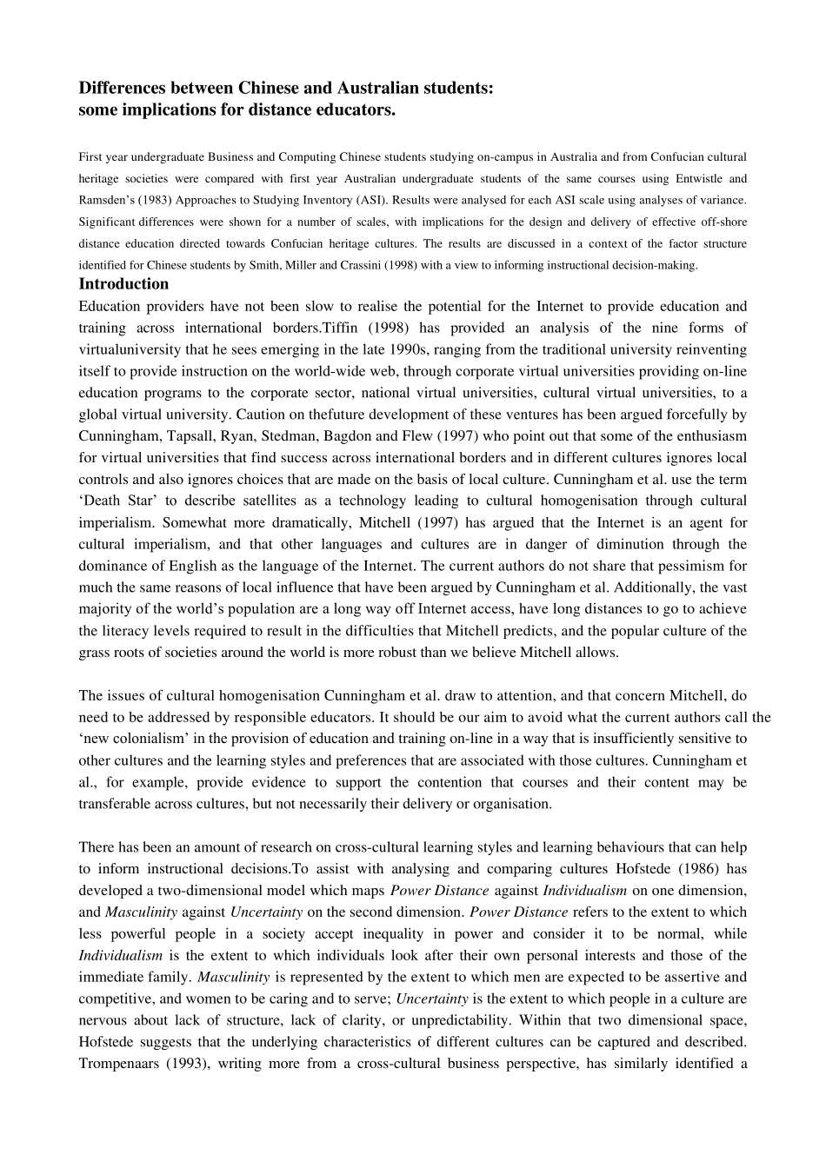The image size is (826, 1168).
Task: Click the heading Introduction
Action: point(123,284)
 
